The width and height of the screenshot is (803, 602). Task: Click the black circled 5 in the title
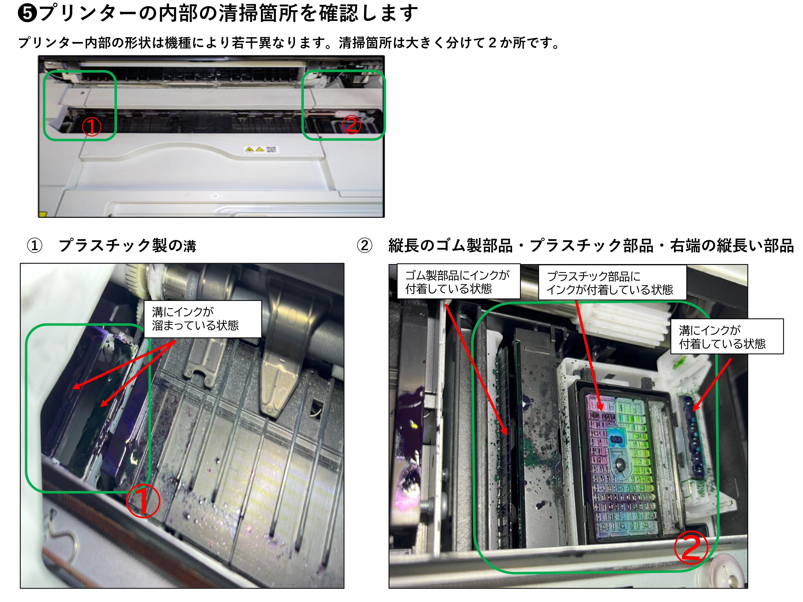28,13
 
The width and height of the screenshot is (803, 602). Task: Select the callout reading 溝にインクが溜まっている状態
203,319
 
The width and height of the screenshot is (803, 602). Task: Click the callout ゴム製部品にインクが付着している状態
458,281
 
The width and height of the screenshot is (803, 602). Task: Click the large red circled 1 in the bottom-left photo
143,501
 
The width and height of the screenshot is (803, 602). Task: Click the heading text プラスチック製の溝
127,246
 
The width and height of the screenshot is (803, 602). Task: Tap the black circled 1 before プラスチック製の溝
35,246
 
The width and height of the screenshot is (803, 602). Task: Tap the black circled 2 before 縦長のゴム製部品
365,246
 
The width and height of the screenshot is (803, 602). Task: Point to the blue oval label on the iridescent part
616,439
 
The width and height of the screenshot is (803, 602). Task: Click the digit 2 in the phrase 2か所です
492,43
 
